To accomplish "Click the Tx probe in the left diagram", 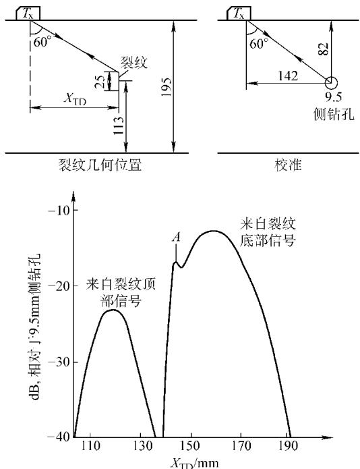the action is tap(28, 13).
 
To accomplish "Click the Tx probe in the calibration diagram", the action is tap(239, 13).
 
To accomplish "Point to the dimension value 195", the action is tap(166, 87).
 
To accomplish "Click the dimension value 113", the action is tap(119, 126).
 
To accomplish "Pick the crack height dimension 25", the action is tap(100, 82).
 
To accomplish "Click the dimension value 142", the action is tap(288, 76).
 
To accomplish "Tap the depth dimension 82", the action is tap(323, 49).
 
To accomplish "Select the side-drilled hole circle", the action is tap(331, 83).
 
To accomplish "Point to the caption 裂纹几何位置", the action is tap(100, 165).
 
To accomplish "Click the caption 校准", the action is tap(289, 165).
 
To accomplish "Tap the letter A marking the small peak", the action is tap(177, 238).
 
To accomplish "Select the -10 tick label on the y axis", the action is tap(59, 211).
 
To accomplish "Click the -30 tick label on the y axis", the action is tap(59, 362).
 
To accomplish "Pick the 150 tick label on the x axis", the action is tap(190, 446).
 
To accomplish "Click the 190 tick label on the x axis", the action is tap(289, 446).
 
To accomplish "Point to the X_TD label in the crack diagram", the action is tap(75, 99).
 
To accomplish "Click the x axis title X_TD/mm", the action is tap(194, 463).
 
